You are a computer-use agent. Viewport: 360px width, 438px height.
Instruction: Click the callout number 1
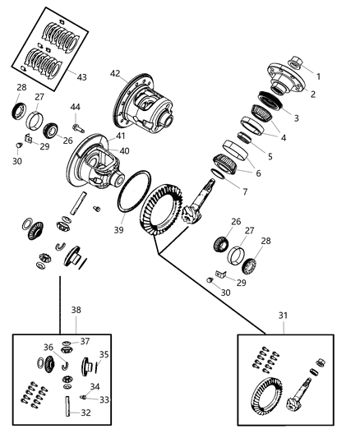tap(319, 76)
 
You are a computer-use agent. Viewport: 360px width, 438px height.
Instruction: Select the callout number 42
tap(115, 73)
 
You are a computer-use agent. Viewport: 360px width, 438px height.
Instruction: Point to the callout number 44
tap(75, 108)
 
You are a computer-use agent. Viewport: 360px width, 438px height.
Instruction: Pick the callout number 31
tap(284, 316)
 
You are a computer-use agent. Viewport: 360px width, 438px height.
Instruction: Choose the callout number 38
tap(76, 311)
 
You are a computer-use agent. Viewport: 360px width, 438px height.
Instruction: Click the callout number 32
tap(86, 413)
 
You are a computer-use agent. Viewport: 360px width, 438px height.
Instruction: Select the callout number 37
tap(84, 341)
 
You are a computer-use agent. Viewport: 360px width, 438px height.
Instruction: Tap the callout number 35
tap(104, 354)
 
